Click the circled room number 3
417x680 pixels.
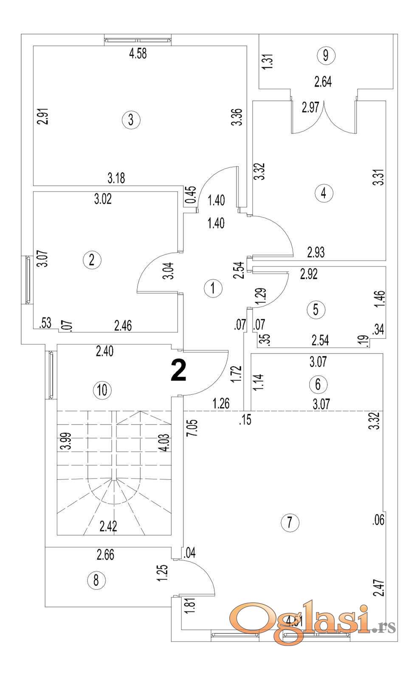tap(131, 119)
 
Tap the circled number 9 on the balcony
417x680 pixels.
tap(326, 55)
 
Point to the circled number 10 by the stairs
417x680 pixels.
tap(102, 390)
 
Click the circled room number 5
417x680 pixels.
tap(316, 309)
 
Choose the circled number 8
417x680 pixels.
tap(96, 580)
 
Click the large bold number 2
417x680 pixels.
tap(178, 371)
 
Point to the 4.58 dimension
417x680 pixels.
tap(138, 54)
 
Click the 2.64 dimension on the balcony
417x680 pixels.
tap(323, 82)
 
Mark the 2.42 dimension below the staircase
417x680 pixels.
tap(108, 526)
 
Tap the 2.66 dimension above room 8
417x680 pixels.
tap(105, 555)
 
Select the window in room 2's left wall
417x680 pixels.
tap(28, 280)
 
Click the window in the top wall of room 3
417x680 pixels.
tap(138, 40)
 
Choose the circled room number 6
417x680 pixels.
tap(318, 384)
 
